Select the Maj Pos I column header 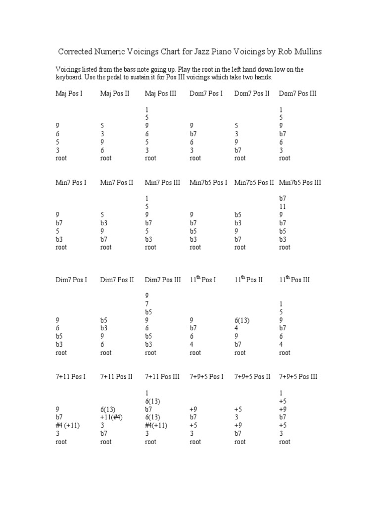69,93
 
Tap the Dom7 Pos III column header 297,93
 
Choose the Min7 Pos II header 117,183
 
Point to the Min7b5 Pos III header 300,183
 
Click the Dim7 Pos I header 71,280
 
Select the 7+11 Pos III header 162,377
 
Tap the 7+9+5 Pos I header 206,377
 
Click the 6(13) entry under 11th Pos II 242,320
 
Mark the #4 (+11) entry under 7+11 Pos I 68,426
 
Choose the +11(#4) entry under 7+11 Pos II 111,417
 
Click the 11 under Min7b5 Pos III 283,206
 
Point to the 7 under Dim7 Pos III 147,304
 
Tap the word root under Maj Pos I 61,158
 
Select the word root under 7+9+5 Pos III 285,442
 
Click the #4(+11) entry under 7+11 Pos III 156,426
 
